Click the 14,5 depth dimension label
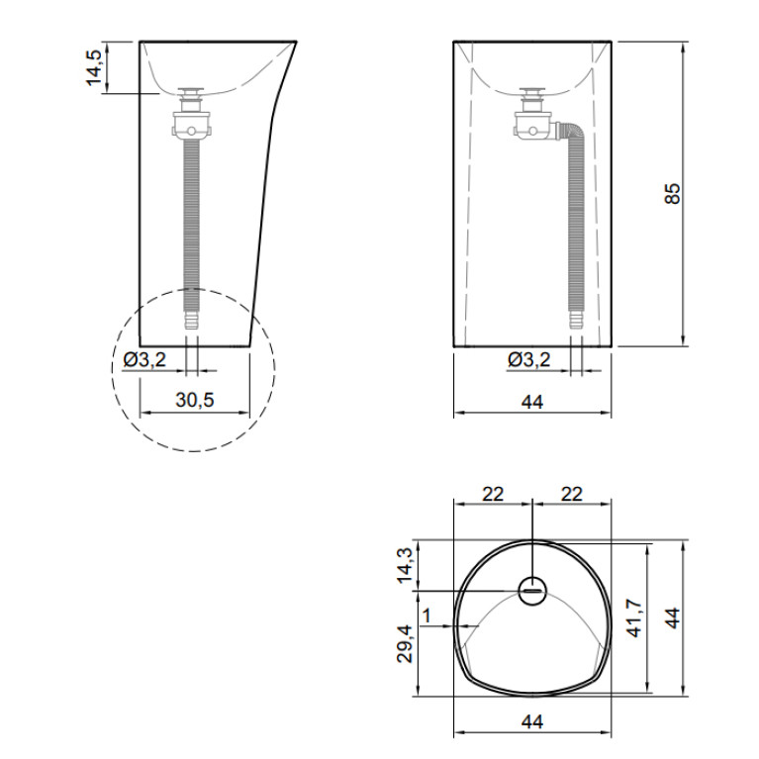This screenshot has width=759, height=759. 94,67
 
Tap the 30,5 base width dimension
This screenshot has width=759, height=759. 195,400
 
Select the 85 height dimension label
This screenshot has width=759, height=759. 672,194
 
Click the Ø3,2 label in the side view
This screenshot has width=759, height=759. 144,359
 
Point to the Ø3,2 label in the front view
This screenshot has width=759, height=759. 529,359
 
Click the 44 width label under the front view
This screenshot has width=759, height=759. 532,402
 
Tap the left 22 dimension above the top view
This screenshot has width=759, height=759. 493,494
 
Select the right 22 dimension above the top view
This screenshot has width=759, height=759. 572,494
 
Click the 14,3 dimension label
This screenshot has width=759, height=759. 405,565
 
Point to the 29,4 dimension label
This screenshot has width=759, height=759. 405,644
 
